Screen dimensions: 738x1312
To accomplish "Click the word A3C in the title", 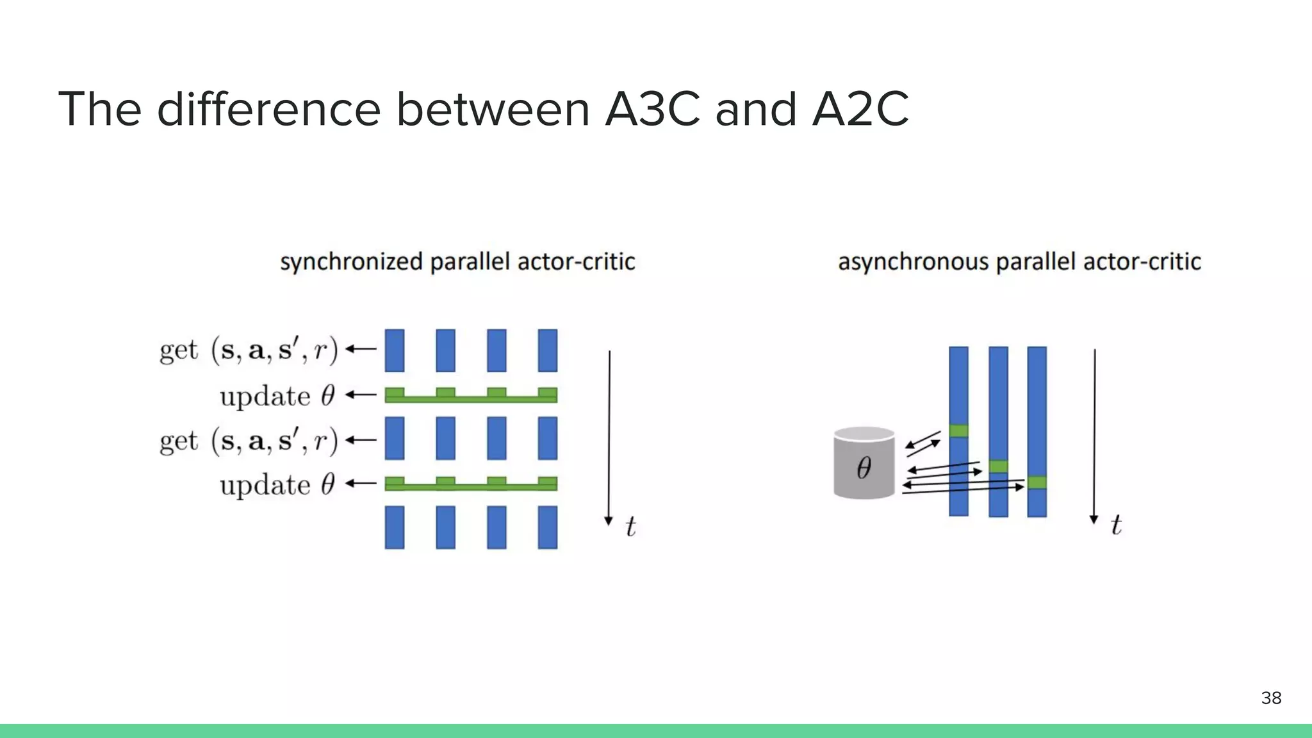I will click(652, 109).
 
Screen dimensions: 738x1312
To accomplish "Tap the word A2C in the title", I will click(860, 109).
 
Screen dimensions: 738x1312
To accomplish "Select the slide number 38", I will click(1271, 698).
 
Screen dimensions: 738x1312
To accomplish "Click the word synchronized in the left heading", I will click(351, 262).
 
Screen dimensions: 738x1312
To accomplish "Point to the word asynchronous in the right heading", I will click(913, 262).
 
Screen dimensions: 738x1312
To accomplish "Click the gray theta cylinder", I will click(864, 463).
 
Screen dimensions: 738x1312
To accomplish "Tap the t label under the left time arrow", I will click(630, 527).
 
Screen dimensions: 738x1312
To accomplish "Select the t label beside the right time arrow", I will click(1116, 525).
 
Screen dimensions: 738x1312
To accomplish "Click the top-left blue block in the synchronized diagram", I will click(395, 350).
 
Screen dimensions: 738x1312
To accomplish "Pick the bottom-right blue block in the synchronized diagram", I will click(548, 527).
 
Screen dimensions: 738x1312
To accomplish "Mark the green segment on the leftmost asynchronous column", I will click(958, 430).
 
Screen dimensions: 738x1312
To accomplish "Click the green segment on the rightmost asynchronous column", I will click(1037, 482).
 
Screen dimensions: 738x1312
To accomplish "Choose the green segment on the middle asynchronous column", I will click(998, 466).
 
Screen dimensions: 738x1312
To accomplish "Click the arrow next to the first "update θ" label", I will click(361, 395).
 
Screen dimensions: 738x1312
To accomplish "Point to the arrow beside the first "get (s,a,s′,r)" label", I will click(361, 349).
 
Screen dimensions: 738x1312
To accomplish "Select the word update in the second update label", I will click(265, 485).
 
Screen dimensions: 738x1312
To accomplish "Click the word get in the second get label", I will click(179, 441).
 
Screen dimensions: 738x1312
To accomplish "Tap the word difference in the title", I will click(269, 109).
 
